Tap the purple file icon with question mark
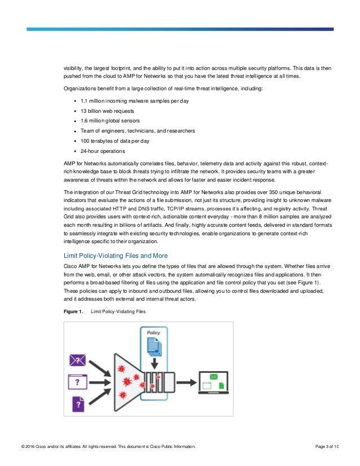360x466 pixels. coord(77,403)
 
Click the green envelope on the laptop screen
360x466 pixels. coord(214,376)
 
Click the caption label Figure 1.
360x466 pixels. coord(73,311)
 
